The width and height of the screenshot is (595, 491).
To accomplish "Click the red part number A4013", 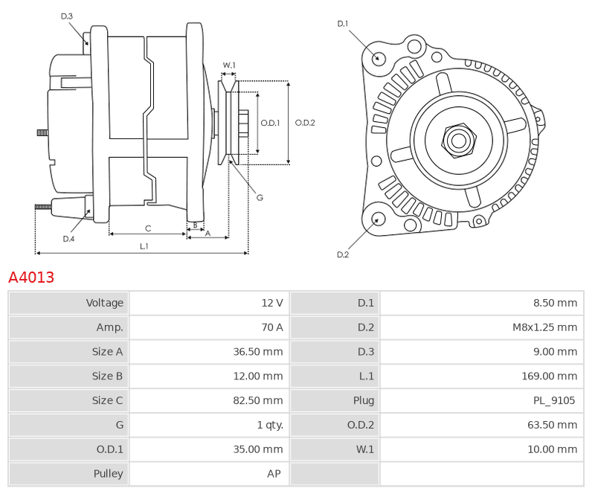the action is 31,277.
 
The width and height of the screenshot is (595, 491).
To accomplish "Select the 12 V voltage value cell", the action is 271,303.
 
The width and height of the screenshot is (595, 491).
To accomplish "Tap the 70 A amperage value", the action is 271,327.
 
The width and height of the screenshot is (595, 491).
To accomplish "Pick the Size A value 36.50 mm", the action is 257,352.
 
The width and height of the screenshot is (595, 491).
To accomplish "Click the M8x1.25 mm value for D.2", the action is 544,327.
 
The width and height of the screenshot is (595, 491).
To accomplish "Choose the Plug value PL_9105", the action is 554,400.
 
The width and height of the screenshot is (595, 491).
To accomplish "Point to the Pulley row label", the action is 108,474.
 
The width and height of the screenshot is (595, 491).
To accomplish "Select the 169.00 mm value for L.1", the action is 549,376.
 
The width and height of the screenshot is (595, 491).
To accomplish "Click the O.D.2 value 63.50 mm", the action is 552,425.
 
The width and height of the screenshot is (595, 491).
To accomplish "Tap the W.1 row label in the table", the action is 364,449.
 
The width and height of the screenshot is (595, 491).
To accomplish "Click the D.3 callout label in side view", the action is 66,16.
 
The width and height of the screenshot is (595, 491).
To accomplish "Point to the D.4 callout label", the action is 68,239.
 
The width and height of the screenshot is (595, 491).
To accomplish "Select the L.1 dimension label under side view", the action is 144,246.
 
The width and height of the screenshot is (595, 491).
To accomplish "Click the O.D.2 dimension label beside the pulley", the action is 305,123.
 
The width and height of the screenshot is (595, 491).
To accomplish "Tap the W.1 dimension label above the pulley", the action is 229,65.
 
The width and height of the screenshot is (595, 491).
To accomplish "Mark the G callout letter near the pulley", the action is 260,198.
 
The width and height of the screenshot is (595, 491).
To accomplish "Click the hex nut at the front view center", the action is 459,141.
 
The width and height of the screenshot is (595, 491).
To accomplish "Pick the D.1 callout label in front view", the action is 343,24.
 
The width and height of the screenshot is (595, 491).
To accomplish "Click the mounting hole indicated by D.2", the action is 377,219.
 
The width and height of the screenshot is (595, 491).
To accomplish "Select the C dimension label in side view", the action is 148,228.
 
